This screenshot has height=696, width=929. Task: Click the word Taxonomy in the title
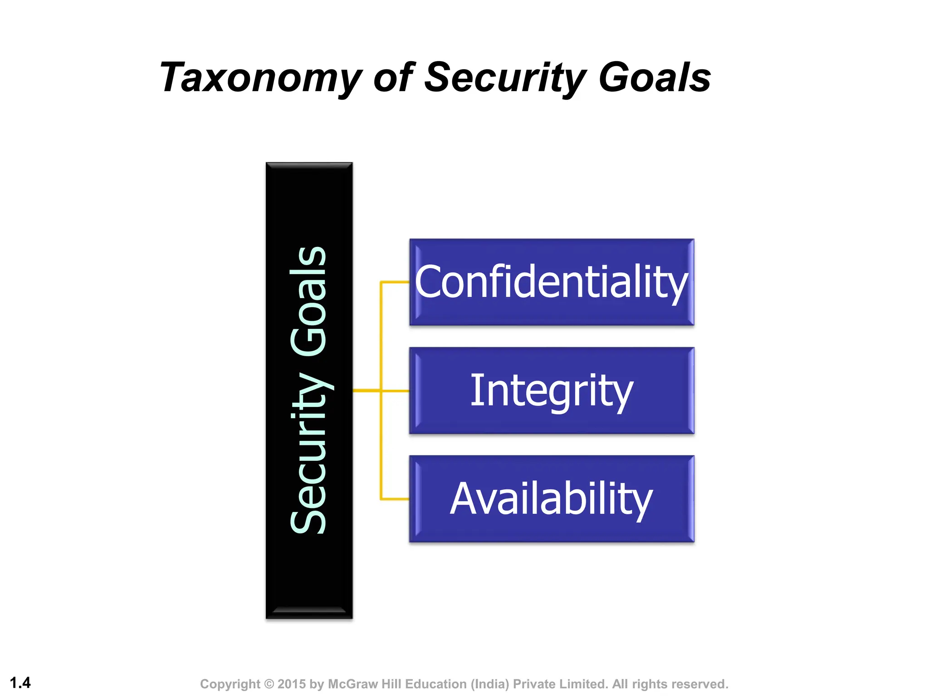(x=261, y=78)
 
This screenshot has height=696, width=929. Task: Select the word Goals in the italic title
(x=655, y=78)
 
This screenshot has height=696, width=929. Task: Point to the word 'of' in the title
(x=393, y=78)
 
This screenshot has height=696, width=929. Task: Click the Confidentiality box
(x=552, y=282)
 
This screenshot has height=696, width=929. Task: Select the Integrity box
(x=552, y=390)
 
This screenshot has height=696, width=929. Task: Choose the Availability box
(x=552, y=498)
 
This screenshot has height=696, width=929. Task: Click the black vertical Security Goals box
(x=309, y=390)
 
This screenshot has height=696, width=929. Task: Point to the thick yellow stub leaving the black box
(x=366, y=390)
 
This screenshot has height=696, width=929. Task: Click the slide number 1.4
(x=20, y=682)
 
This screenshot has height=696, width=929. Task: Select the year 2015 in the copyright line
(x=292, y=684)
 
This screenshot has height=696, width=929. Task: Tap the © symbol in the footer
(x=269, y=684)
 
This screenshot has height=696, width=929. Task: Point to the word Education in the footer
(x=436, y=684)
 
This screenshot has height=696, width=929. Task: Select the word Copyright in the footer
(x=230, y=684)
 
